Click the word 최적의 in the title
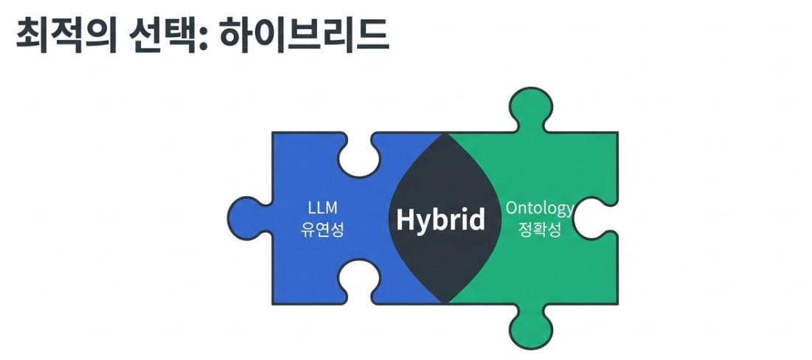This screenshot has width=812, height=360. click(66, 35)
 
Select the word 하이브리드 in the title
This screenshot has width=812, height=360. click(304, 35)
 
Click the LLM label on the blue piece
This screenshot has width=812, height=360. click(322, 208)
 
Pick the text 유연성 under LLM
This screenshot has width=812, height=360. click(322, 229)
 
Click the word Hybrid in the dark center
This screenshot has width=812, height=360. click(441, 219)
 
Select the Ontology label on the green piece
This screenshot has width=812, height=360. click(540, 209)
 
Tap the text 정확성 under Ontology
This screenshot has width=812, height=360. click(540, 229)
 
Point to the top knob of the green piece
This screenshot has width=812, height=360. click(530, 108)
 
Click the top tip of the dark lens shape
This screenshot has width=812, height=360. click(445, 133)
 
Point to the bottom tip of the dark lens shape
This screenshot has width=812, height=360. click(445, 303)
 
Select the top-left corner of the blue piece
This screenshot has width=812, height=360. click(273, 133)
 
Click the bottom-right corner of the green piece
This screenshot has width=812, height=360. click(617, 303)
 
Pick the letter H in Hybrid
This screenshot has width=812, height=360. click(406, 218)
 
